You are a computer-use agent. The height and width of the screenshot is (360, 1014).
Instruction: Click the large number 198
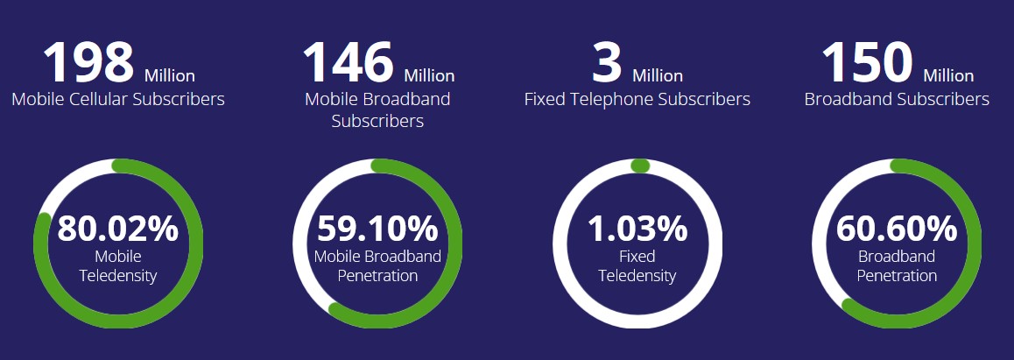[x=88, y=62]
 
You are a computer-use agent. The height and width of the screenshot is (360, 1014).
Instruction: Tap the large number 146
[x=348, y=62]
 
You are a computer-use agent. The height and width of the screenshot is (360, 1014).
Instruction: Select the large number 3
[x=607, y=62]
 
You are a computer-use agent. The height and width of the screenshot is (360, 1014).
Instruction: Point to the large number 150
[x=867, y=62]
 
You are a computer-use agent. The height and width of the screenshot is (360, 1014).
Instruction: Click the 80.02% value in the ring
[x=118, y=229]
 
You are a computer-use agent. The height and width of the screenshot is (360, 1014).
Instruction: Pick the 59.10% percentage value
[x=377, y=229]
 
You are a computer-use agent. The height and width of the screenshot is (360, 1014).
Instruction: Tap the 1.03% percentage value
[x=637, y=229]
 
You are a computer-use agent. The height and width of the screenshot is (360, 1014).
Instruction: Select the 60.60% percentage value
[x=897, y=229]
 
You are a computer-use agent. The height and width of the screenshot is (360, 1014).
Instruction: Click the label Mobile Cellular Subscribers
[x=118, y=99]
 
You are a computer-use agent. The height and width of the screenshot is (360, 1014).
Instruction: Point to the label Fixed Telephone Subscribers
[x=637, y=99]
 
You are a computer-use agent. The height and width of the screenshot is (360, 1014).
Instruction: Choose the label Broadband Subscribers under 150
[x=897, y=99]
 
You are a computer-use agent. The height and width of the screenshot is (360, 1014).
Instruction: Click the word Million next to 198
[x=170, y=75]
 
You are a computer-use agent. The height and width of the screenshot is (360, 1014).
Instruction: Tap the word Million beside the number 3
[x=658, y=75]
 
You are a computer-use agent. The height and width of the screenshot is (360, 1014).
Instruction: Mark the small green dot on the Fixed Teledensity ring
[x=639, y=166]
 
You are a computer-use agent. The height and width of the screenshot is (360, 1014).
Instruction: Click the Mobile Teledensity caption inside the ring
[x=118, y=266]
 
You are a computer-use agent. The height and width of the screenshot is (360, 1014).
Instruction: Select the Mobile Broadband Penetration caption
[x=377, y=266]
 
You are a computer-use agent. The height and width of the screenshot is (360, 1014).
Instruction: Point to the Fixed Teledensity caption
[x=637, y=266]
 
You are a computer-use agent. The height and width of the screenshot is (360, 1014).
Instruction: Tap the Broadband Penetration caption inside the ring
[x=897, y=266]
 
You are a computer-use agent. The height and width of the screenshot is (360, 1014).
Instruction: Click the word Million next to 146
[x=429, y=75]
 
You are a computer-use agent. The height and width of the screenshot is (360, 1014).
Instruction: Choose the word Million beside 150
[x=948, y=75]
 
